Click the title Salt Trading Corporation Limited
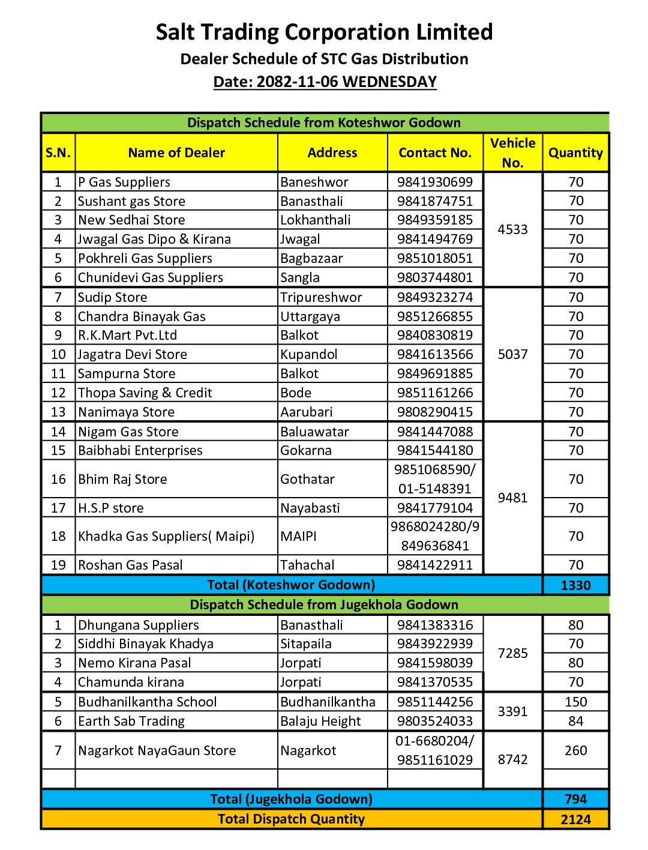(324, 32)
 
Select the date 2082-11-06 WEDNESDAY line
(325, 82)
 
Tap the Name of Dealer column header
(176, 152)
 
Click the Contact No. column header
(435, 152)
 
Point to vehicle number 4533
(513, 229)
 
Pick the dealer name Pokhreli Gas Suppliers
(145, 258)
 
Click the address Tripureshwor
(321, 297)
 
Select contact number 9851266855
(435, 316)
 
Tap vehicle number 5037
(513, 354)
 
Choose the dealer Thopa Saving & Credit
(145, 393)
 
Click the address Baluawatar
(314, 432)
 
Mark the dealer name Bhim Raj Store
(122, 479)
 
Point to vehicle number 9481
(513, 498)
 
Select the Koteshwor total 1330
(575, 585)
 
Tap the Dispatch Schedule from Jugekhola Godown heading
(324, 604)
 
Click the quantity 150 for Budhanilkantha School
(575, 702)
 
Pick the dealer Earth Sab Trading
(131, 721)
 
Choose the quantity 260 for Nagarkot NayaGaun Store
(575, 750)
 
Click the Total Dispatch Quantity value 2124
(575, 819)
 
